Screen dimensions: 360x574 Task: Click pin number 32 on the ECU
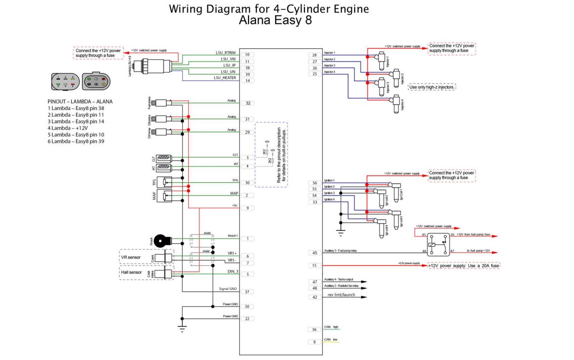(x=247, y=103)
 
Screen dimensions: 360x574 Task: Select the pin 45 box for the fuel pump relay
(x=314, y=253)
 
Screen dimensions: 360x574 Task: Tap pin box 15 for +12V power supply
(x=314, y=266)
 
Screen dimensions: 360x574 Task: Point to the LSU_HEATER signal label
(x=225, y=78)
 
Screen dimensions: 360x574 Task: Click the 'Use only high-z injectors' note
(x=433, y=87)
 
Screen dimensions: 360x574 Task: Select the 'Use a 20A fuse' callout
(x=464, y=266)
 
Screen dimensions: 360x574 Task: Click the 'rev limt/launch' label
(x=341, y=295)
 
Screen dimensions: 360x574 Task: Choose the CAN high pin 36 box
(x=314, y=329)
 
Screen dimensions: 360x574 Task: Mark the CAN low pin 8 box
(x=314, y=342)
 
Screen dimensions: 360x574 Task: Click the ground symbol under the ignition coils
(x=341, y=231)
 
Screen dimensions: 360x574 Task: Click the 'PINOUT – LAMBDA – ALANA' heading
(x=80, y=102)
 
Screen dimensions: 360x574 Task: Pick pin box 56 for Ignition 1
(x=314, y=183)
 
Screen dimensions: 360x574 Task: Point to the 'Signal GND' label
(x=228, y=289)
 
